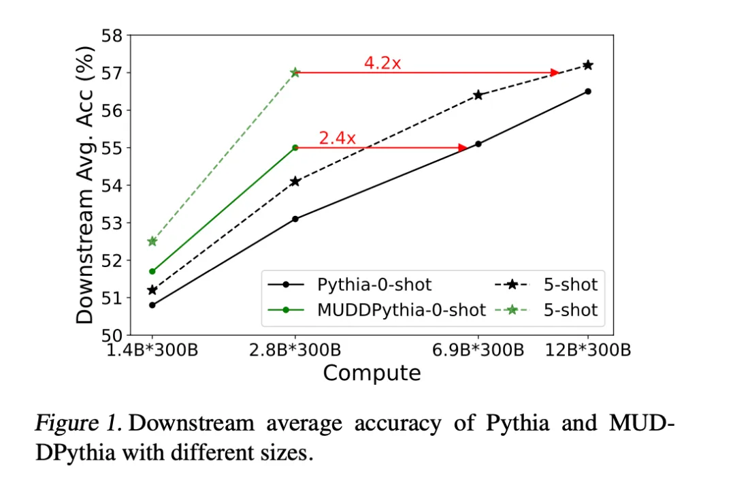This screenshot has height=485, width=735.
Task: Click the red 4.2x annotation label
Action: [382, 63]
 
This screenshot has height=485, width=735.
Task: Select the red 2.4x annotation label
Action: [338, 138]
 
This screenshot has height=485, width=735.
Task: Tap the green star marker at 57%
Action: [295, 72]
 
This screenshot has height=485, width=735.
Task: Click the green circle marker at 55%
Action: [295, 148]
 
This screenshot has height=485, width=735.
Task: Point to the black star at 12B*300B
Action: [588, 65]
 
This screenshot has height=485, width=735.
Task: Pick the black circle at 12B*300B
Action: [588, 91]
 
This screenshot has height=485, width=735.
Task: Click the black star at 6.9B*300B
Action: [478, 95]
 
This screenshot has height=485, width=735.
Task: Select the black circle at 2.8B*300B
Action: [295, 219]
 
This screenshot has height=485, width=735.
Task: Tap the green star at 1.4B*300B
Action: [152, 241]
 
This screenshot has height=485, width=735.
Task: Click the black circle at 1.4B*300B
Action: [152, 305]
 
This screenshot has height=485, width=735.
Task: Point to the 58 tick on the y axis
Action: [112, 35]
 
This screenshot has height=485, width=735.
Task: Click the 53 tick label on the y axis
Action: [112, 223]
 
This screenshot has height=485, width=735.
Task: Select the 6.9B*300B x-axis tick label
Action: [478, 350]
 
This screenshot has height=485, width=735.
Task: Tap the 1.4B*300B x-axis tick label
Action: [152, 350]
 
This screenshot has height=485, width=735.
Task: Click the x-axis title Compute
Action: [372, 373]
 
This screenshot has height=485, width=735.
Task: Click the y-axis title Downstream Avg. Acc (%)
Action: [85, 185]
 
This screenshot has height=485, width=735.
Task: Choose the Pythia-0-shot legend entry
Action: [350, 284]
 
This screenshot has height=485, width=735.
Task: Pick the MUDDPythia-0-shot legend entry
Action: [377, 309]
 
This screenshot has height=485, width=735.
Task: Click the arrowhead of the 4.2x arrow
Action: [555, 73]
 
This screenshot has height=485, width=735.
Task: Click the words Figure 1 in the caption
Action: [78, 424]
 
